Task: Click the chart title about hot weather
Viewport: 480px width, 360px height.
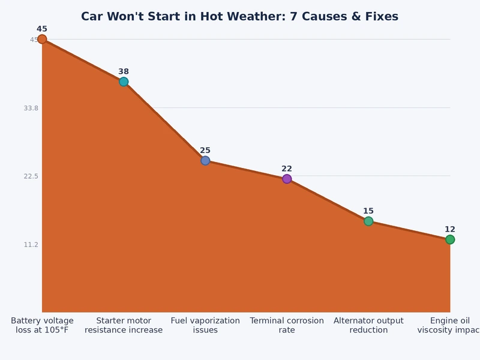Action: (239, 16)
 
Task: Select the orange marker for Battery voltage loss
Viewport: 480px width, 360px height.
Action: (42, 40)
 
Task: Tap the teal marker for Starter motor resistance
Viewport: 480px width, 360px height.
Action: (124, 82)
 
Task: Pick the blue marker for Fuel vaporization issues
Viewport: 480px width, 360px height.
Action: (205, 161)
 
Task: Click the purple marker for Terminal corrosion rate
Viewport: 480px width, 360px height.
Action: (287, 179)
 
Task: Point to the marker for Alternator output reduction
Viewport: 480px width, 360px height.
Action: (368, 221)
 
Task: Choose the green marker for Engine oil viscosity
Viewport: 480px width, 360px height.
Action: (450, 239)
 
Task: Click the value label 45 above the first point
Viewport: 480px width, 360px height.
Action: (42, 29)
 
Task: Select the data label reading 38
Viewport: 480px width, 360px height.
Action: (124, 71)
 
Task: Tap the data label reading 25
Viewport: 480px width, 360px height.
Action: (205, 151)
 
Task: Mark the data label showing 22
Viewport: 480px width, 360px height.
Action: (287, 169)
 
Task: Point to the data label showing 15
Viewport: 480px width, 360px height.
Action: (368, 211)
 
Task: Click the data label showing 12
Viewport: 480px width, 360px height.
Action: (450, 229)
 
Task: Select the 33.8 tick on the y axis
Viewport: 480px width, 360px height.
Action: (30, 108)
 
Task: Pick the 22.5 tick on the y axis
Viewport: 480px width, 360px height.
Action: (30, 176)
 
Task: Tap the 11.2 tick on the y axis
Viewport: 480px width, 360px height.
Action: (30, 245)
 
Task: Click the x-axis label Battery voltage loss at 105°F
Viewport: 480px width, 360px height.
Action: (42, 325)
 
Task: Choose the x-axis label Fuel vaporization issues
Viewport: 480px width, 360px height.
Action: (205, 325)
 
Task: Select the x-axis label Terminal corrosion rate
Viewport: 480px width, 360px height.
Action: (287, 325)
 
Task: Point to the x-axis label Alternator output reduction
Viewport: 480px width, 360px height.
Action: (368, 325)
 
